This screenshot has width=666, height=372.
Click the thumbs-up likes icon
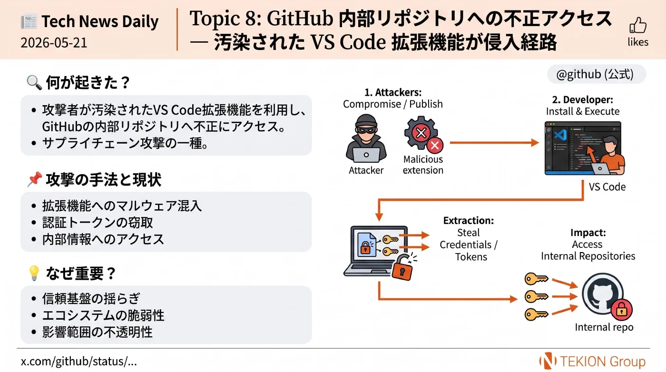click(638, 25)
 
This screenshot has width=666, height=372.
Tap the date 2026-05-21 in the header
click(54, 43)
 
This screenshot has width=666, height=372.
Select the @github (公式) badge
click(596, 74)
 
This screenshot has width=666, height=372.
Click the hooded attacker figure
click(366, 138)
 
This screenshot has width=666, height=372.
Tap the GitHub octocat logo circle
click(602, 294)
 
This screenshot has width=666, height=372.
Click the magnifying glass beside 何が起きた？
click(34, 82)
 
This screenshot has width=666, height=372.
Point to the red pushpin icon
click(34, 179)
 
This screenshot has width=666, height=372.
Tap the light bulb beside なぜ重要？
click(34, 273)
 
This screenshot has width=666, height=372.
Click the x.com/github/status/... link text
click(79, 361)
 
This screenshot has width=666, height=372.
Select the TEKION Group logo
click(592, 361)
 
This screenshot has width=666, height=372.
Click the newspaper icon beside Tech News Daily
click(29, 21)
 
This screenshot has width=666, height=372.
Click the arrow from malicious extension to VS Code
click(494, 143)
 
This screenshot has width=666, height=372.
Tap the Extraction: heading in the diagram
click(468, 220)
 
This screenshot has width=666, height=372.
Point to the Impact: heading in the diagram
click(588, 232)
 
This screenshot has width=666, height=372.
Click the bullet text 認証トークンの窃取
click(98, 222)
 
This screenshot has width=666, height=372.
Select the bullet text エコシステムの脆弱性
click(103, 315)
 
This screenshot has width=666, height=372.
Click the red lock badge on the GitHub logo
click(621, 310)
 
